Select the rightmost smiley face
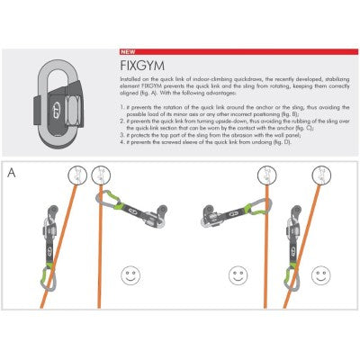tap(339, 271)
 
